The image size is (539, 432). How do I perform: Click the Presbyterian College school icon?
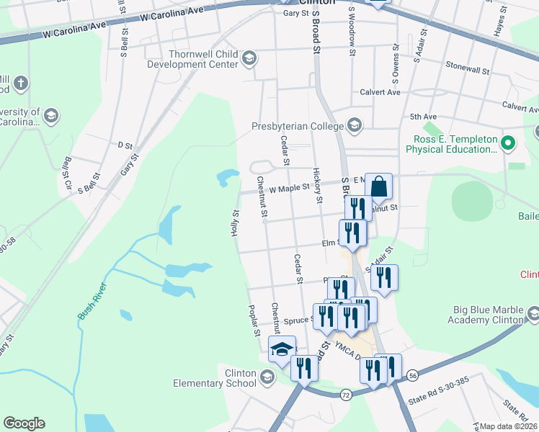pos(354,126)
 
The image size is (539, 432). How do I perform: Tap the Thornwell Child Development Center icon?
pos(249,58)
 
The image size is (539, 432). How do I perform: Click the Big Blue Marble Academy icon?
pos(533,314)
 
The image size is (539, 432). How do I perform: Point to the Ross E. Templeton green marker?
pos(507,143)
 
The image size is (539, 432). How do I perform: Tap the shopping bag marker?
pos(378,187)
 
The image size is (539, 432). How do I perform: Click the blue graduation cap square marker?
pos(281,350)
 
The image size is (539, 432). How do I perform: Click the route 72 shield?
pos(346,395)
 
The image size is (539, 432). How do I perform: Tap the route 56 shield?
pos(412,375)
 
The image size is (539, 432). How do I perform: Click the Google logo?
pos(24,423)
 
